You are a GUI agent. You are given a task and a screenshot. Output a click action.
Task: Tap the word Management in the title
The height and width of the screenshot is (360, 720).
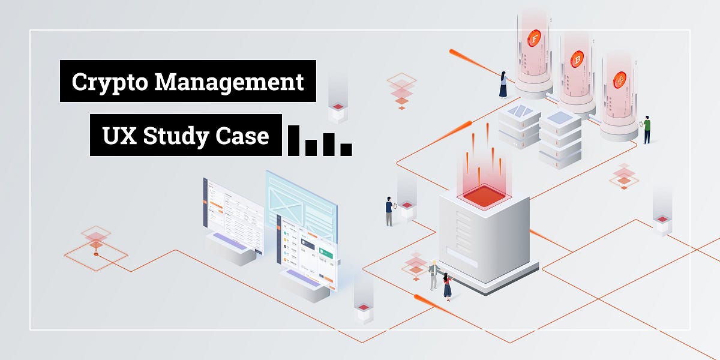[x=229, y=82]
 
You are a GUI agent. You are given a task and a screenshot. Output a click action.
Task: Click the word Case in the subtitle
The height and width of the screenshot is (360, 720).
[x=242, y=136]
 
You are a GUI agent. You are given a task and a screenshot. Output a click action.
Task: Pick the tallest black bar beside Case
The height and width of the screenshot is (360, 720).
[x=293, y=140]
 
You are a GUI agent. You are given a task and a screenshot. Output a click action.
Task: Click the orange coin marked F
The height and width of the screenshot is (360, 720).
[x=534, y=38]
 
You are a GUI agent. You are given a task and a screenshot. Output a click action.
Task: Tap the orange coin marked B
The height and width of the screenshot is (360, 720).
[x=577, y=59]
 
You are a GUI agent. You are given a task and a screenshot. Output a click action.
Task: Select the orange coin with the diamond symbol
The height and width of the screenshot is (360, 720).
[x=619, y=80]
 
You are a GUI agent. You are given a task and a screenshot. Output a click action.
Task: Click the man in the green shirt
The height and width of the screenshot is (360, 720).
[x=647, y=129]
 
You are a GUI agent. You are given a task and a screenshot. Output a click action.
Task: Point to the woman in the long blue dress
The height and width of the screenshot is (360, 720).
[x=503, y=85]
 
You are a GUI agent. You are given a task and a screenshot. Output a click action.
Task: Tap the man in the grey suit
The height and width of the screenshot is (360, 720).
[x=434, y=275]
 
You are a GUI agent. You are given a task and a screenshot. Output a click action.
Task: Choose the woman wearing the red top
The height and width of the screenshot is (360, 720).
[x=447, y=287]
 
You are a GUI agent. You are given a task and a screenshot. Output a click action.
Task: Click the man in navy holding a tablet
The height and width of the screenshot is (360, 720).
[x=389, y=211]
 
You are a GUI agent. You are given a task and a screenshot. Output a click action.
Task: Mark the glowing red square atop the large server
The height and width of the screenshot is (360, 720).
[x=484, y=196]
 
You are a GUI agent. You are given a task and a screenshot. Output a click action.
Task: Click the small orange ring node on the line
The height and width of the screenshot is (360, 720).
[x=96, y=254]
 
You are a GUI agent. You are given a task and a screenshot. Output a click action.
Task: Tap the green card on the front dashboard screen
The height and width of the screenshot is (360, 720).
[x=326, y=253]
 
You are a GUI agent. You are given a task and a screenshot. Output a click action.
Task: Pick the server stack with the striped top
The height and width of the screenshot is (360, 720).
[x=520, y=127]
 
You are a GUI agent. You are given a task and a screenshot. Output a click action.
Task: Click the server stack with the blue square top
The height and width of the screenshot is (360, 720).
[x=560, y=139]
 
